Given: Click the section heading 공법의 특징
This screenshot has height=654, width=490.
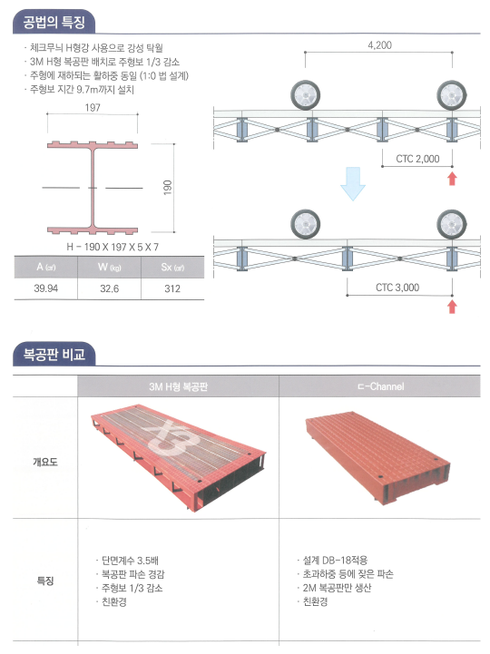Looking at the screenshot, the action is tap(54, 22).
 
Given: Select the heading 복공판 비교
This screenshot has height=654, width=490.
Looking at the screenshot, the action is tap(54, 354).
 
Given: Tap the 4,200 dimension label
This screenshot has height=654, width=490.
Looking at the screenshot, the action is tap(379, 45).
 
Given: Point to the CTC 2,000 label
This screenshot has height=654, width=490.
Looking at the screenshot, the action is tap(417, 159).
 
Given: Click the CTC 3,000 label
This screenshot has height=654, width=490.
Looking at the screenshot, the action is tap(397, 288).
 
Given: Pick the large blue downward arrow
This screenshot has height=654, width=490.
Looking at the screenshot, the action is tap(353, 183).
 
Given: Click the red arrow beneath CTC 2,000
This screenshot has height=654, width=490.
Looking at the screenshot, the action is tap(452, 179).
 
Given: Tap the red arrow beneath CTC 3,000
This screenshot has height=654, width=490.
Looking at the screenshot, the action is tap(452, 307).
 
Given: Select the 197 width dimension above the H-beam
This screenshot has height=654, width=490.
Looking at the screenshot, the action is tap(93, 108).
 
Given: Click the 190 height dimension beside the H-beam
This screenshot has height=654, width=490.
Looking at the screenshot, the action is tap(167, 187).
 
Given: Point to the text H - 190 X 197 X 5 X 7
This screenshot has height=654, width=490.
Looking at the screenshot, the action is tap(113, 247).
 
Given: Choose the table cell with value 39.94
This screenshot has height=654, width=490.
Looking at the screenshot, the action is tap(46, 288).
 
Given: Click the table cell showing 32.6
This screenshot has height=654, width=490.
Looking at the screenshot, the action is tap(110, 288).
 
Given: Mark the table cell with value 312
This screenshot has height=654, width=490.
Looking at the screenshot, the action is tap(172, 288).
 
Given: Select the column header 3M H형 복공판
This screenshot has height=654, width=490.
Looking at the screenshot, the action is tap(178, 386).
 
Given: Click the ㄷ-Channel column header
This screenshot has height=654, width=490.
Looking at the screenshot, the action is tap(380, 386).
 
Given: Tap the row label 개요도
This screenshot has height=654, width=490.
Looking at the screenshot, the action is tap(45, 462).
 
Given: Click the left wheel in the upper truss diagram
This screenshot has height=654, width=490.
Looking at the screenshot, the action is tap(306, 95).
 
